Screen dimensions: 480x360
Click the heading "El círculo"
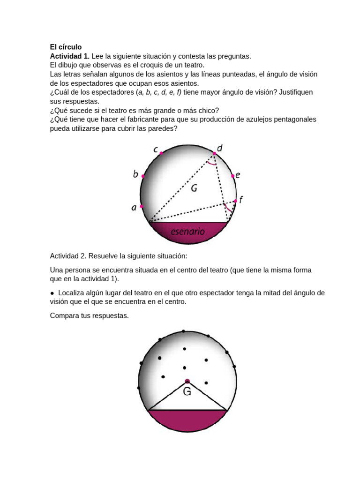(x=66, y=47)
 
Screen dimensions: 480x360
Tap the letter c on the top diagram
(x=155, y=149)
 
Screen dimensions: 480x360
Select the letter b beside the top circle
(x=135, y=174)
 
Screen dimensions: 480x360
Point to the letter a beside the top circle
(x=134, y=208)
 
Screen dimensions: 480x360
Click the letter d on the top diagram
(x=219, y=148)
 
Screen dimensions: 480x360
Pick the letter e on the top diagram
(x=238, y=175)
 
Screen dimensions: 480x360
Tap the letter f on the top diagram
(x=241, y=200)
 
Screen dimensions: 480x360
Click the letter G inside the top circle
(x=194, y=188)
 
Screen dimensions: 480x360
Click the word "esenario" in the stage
(x=187, y=231)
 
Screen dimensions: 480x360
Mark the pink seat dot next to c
(x=161, y=153)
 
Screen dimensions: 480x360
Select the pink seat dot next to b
(x=143, y=177)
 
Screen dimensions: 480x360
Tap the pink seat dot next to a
(x=141, y=206)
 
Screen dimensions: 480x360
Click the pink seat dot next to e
(x=232, y=176)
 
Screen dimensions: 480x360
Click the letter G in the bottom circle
(x=187, y=392)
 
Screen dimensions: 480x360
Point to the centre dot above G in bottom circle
(x=187, y=382)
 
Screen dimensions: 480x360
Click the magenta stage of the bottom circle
(x=187, y=420)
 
